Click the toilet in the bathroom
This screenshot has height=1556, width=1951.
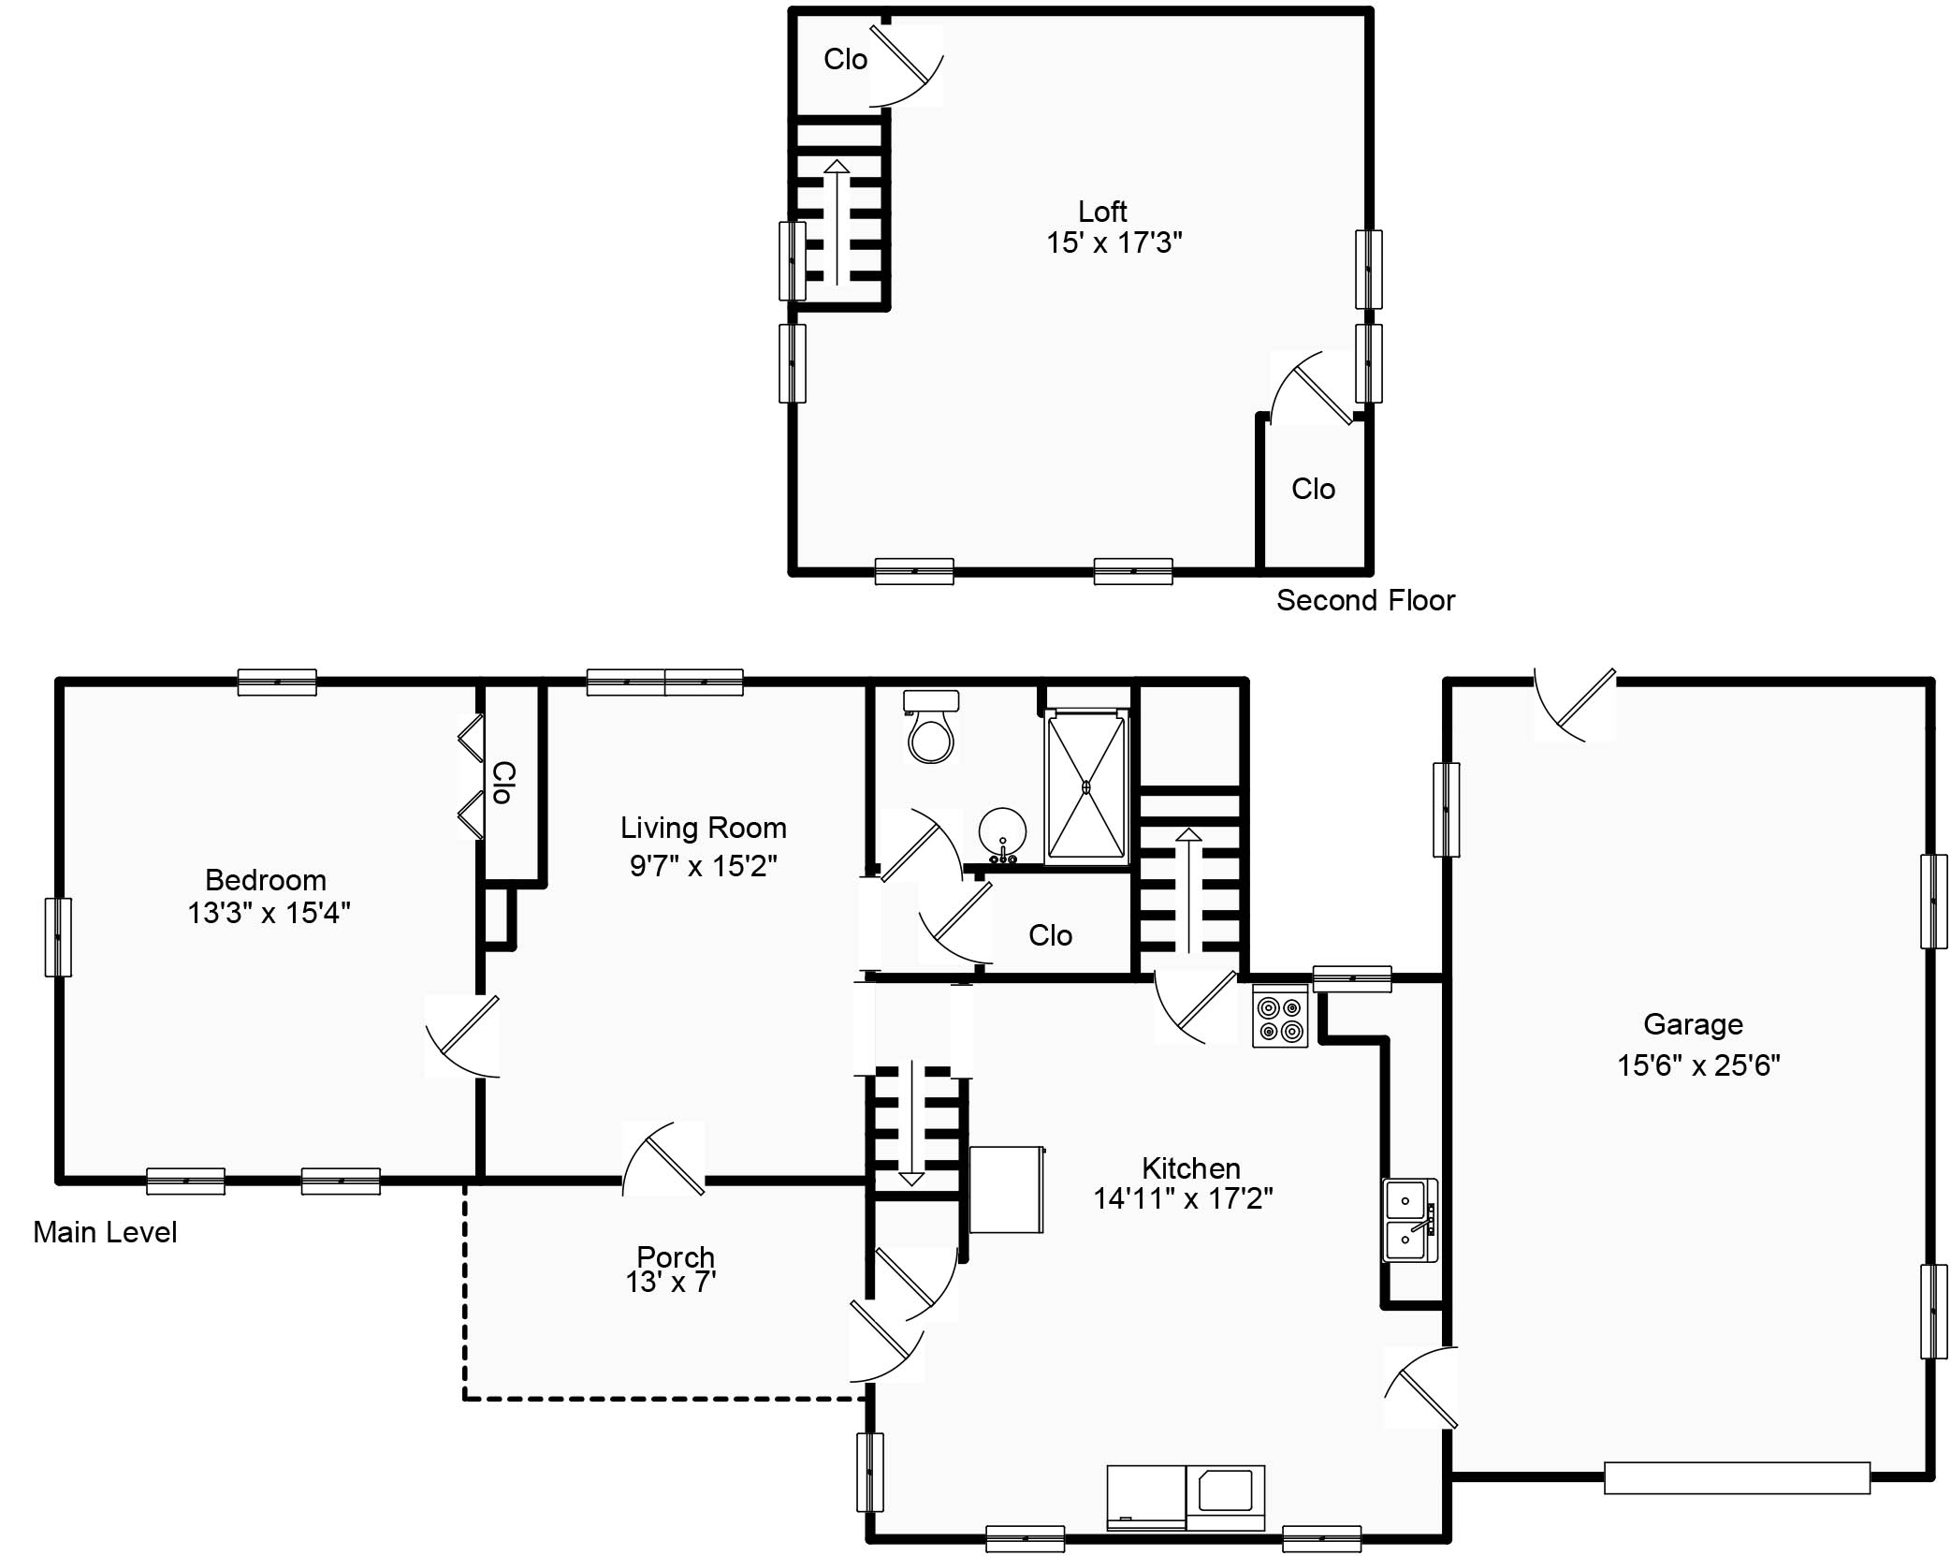coord(931,727)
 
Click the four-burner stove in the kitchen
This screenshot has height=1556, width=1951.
coord(1280,1016)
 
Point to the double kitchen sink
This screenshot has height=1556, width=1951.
coord(1410,1221)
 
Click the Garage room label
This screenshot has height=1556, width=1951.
coord(1693,1024)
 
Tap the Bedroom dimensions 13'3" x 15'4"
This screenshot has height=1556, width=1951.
coord(269,912)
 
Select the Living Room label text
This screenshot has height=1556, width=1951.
coord(704,828)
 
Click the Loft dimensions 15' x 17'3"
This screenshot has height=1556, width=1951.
coord(1114,242)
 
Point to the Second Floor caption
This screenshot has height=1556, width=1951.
coord(1365,600)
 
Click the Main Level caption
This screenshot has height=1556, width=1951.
coord(105,1232)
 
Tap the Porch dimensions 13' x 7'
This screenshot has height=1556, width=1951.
coord(671,1282)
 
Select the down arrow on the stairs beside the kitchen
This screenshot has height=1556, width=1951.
coord(911,1123)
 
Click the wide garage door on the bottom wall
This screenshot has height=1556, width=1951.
coord(1737,1477)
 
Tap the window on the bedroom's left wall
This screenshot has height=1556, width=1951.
coord(58,937)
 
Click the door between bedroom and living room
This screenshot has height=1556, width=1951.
coord(462,1036)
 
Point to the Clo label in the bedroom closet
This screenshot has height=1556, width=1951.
coord(503,783)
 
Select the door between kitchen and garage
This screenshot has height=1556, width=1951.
coord(1421,1387)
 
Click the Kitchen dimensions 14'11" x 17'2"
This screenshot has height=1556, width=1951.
coord(1183,1198)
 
